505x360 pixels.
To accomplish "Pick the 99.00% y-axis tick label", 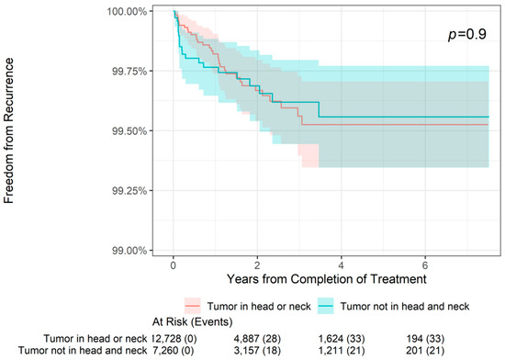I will pos(140,250).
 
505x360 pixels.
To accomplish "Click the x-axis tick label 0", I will pos(174,264).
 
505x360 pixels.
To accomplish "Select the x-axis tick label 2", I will pos(258,264).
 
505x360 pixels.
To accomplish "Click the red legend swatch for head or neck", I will pos(193,304).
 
